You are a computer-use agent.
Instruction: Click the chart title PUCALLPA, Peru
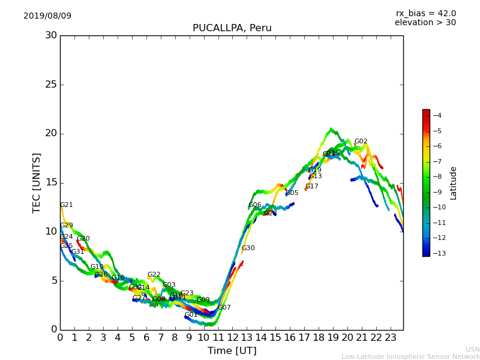point(232,28)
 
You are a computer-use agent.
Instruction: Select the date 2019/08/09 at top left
point(47,16)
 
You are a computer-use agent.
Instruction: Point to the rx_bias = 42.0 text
point(425,13)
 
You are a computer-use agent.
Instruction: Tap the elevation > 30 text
point(425,23)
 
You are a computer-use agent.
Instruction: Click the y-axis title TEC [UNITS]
point(37,182)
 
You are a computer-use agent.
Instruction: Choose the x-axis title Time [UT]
point(232,350)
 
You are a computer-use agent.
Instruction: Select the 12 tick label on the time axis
point(232,337)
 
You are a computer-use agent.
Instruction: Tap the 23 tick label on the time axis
point(390,337)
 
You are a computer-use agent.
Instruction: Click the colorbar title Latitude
point(453,182)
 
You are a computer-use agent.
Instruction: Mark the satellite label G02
point(361,142)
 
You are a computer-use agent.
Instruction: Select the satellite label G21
point(67,205)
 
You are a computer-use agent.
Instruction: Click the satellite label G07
point(224,308)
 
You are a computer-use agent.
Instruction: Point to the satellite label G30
point(248,248)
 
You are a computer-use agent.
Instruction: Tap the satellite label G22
point(154,275)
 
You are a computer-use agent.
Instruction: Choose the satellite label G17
point(312,187)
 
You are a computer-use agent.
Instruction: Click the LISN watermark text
point(472,349)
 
